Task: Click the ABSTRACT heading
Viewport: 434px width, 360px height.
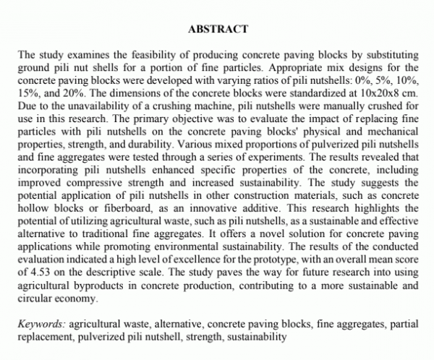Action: [x=217, y=30]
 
